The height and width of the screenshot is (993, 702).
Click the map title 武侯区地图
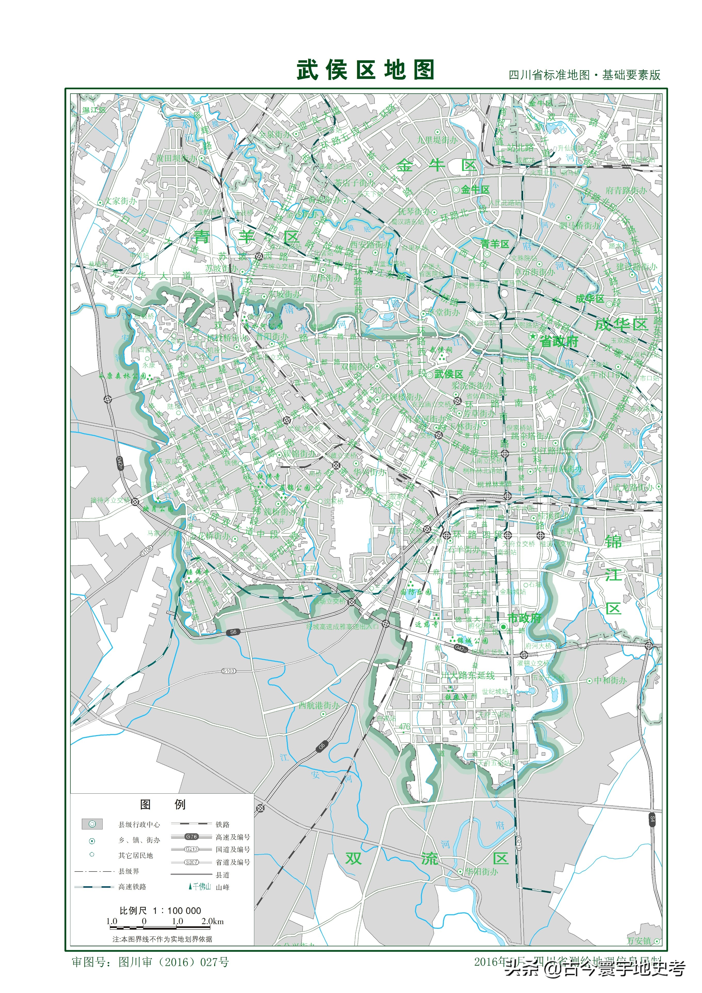365,70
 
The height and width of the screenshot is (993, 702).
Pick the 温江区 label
94,110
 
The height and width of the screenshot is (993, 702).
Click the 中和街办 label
610,680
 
